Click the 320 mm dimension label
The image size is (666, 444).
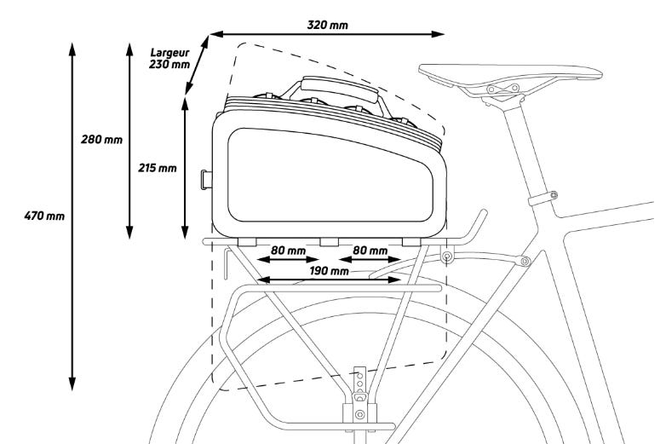point(328,23)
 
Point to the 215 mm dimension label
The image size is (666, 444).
point(157,168)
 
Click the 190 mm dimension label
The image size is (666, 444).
point(328,271)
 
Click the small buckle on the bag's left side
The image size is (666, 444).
point(206,178)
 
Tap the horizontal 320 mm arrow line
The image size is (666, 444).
point(328,34)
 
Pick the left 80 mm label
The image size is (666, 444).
point(288,251)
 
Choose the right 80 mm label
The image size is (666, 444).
point(369,251)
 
